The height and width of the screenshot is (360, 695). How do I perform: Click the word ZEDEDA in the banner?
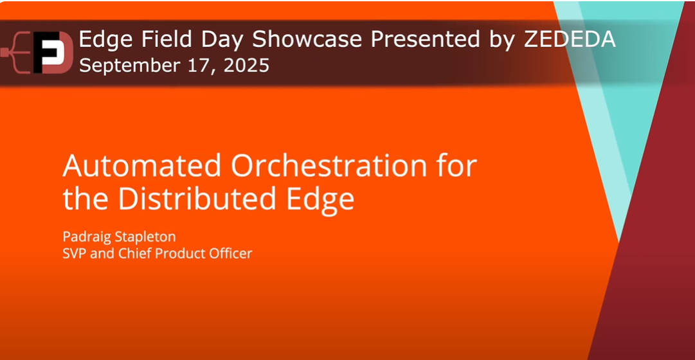[x=570, y=40]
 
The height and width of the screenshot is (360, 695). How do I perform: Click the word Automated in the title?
[x=142, y=166]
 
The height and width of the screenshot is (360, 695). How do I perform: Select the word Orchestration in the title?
[x=329, y=166]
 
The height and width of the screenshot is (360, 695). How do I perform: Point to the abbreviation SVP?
[x=75, y=253]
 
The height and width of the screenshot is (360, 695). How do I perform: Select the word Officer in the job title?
[x=231, y=253]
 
